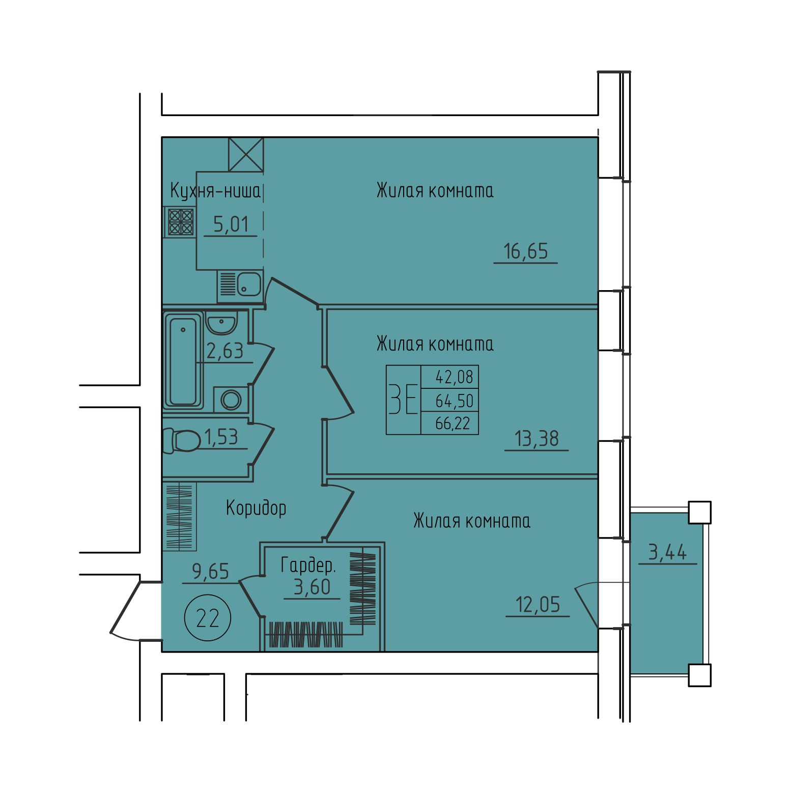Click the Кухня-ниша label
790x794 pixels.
(x=215, y=191)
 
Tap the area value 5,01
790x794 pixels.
(x=231, y=224)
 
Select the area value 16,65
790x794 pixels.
(x=525, y=251)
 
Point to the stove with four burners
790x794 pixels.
(x=181, y=222)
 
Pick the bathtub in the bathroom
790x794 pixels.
(x=183, y=361)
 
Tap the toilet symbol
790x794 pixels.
(x=182, y=440)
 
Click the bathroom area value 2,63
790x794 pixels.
(x=224, y=351)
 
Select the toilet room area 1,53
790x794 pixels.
(x=221, y=437)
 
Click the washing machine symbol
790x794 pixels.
(x=231, y=400)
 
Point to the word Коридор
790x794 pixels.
(x=256, y=508)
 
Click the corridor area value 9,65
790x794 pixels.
(x=210, y=572)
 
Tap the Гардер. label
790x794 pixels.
(x=308, y=565)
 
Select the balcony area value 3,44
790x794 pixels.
(x=667, y=552)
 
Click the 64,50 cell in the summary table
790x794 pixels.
(x=454, y=401)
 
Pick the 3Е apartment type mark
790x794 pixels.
(x=403, y=400)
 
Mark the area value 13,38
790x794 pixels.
(x=537, y=439)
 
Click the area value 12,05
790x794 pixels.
(x=538, y=605)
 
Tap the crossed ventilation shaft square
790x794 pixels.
(x=246, y=154)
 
